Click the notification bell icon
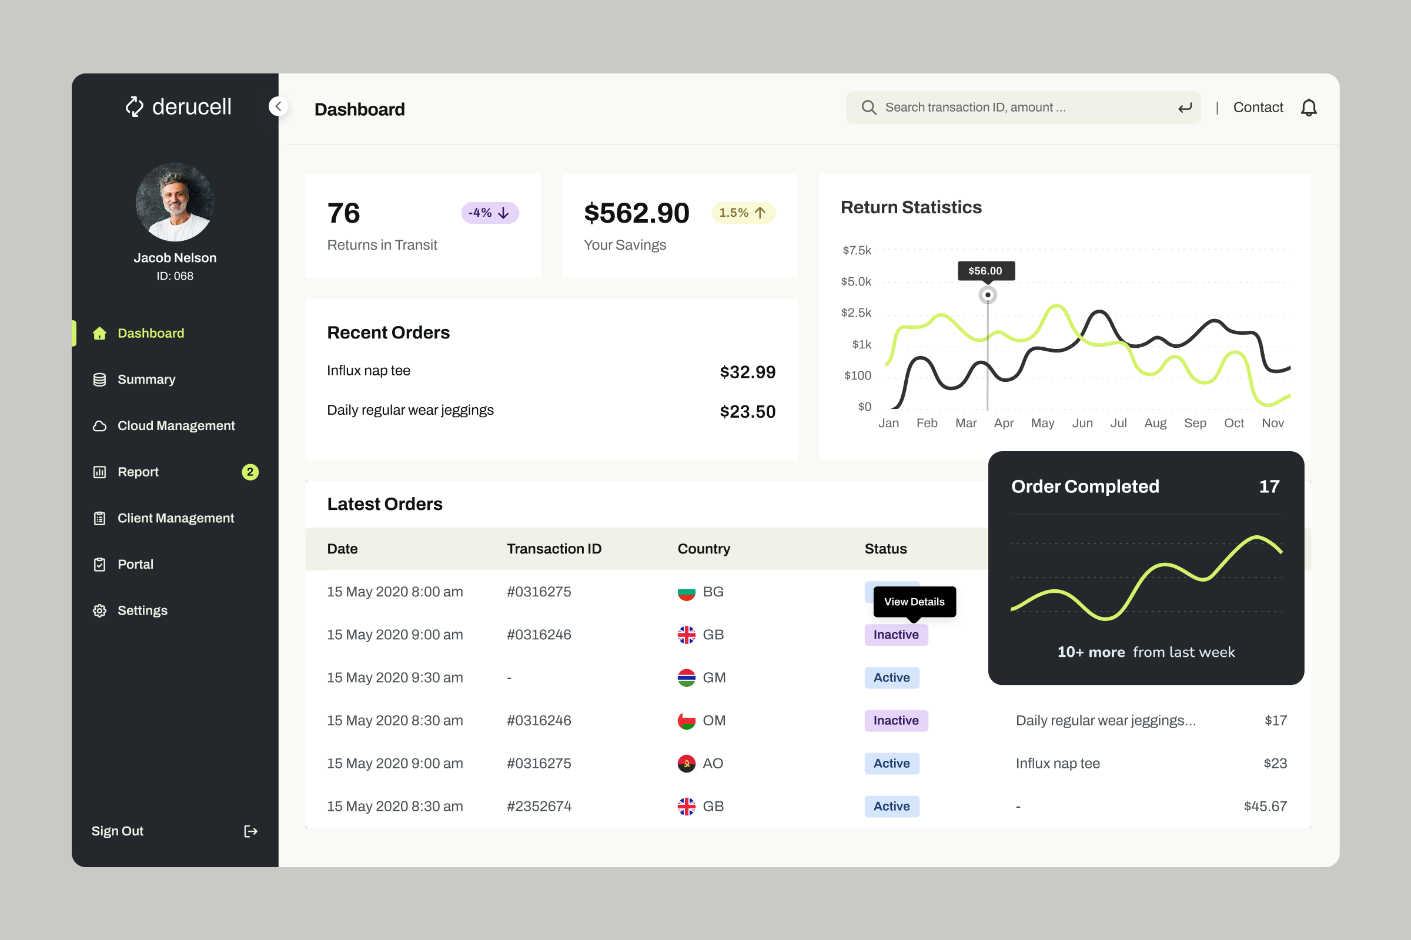1309,108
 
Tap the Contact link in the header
1258,108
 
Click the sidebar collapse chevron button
277,107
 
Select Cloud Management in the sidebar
176,425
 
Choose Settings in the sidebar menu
142,610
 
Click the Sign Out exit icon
251,831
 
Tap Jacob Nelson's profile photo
175,203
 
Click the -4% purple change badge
490,213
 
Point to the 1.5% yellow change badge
743,213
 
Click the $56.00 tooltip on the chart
986,271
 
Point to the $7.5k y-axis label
856,251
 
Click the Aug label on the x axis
1155,423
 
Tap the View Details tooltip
914,601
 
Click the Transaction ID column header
554,549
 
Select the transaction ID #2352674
539,806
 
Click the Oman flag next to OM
686,721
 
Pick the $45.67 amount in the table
1265,806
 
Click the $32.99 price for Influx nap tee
747,372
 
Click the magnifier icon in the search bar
869,108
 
